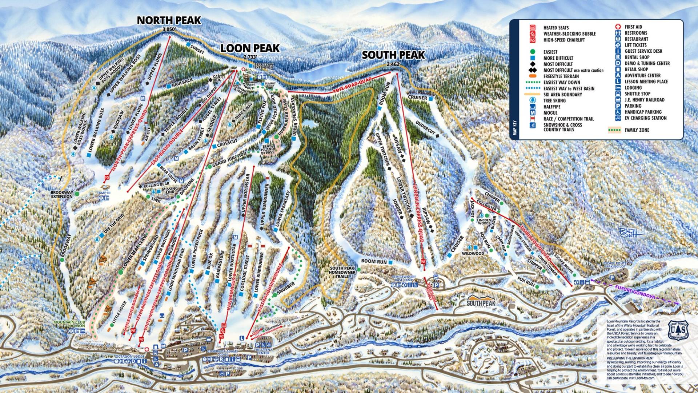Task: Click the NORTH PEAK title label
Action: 169,20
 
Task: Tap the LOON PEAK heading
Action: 250,48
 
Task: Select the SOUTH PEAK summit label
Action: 393,55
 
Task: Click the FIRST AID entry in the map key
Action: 633,27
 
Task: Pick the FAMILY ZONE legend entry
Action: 637,130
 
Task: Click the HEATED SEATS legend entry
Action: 556,28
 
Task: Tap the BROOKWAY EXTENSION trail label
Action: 61,194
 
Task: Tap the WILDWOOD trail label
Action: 473,253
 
